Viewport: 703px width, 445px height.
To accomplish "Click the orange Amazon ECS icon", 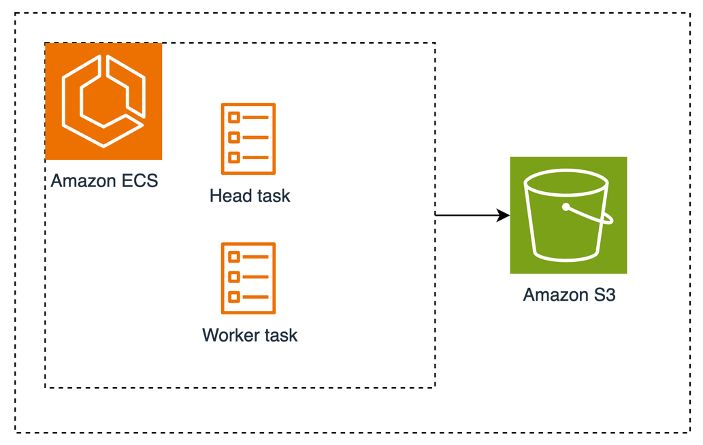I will click(103, 101).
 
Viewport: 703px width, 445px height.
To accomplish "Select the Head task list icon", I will click(248, 139).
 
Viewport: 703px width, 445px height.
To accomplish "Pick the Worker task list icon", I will click(248, 278).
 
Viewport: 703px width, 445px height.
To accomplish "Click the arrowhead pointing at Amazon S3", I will click(504, 216).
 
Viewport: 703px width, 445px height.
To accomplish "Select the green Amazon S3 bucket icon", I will click(568, 215).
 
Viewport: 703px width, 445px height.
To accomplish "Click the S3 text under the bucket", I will click(604, 295).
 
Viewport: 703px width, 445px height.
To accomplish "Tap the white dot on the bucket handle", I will click(566, 206).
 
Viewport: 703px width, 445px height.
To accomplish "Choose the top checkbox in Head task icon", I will click(234, 118).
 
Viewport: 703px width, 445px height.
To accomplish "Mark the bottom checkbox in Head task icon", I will click(234, 158).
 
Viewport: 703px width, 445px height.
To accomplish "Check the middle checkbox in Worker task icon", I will click(234, 277).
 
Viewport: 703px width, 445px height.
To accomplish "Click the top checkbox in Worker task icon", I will click(234, 257).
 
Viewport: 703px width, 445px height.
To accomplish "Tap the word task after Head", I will click(274, 196).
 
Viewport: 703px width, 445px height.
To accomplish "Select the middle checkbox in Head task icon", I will click(234, 137).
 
